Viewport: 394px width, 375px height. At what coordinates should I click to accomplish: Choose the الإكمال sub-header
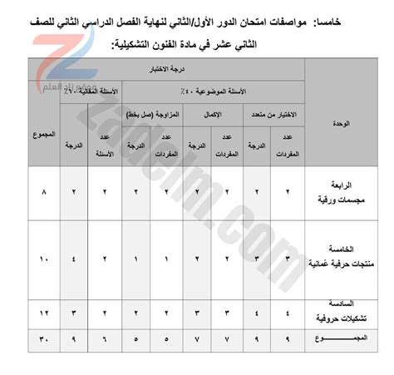pos(213,113)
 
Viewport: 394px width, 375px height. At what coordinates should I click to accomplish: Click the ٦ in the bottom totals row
pos(104,339)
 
